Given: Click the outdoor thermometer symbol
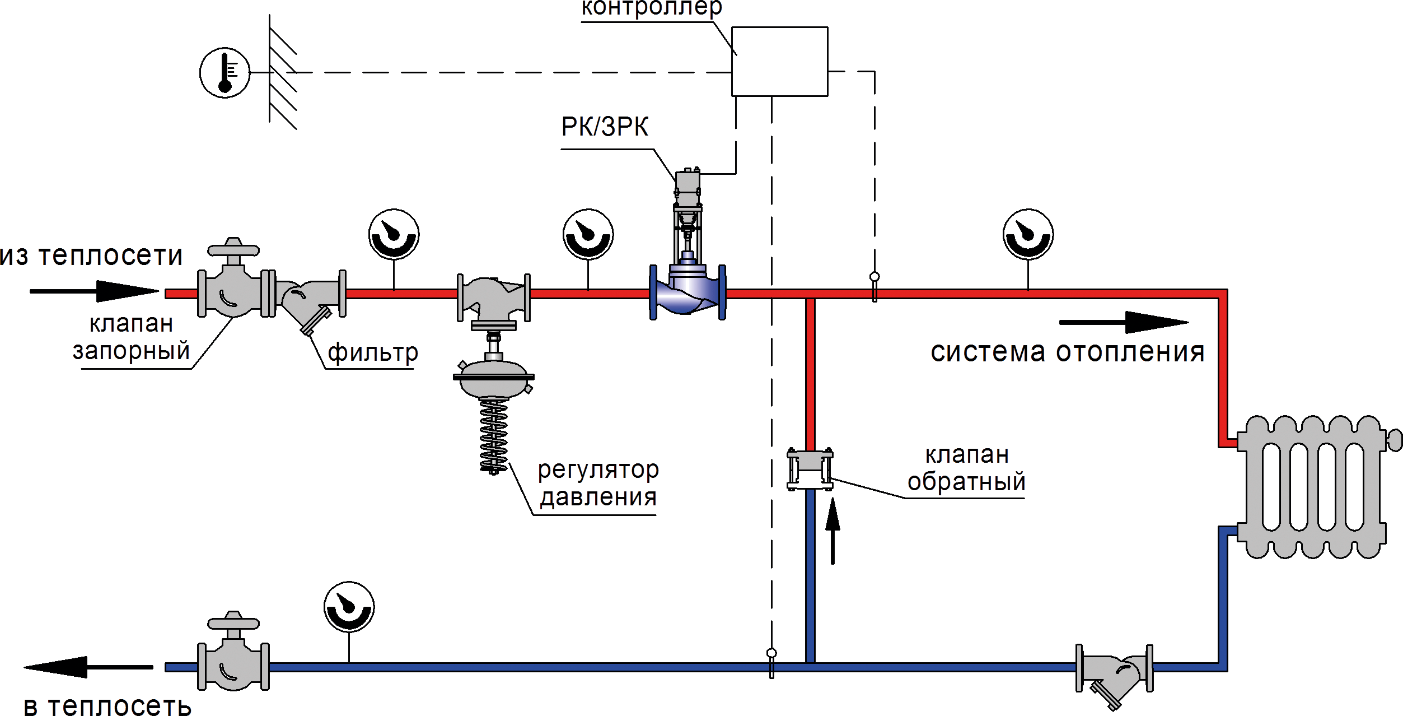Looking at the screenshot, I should [225, 73].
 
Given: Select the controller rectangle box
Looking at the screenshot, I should [779, 62].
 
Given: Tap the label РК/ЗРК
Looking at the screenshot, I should [605, 127].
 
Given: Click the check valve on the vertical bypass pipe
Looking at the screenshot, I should [810, 469].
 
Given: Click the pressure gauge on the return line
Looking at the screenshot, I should [349, 607].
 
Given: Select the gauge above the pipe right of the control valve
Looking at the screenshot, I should [1028, 234].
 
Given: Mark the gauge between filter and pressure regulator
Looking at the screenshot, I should [394, 234].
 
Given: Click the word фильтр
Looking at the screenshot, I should [372, 353].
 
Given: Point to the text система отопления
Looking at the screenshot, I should [1067, 352].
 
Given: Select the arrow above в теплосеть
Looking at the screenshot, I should [88, 667].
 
